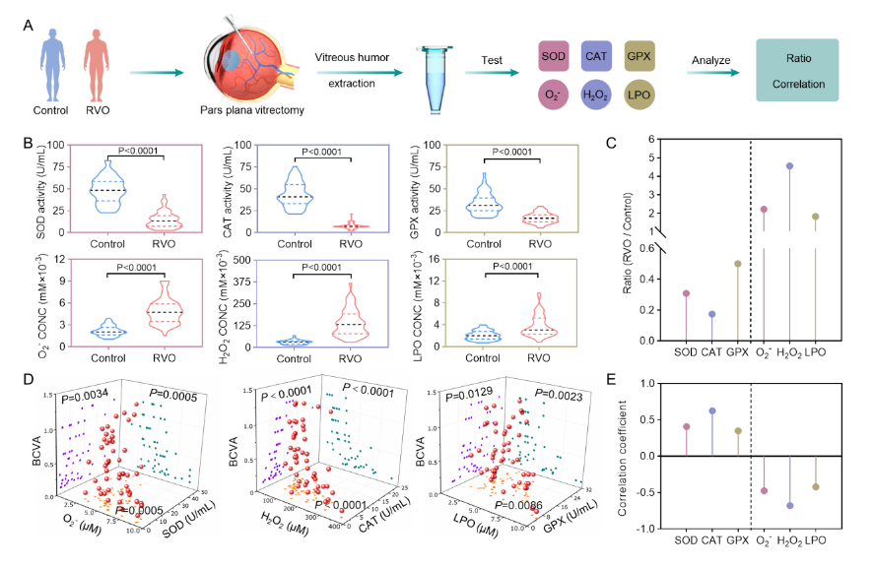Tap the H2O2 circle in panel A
(601, 94)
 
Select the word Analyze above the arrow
(710, 59)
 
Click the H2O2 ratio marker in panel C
(789, 165)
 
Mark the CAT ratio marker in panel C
(712, 314)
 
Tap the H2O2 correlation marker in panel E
(789, 506)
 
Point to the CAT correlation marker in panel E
(712, 410)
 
